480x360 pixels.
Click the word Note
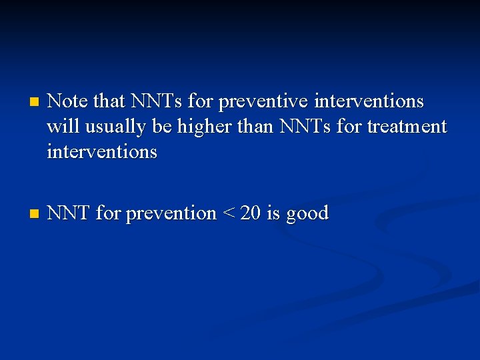68,101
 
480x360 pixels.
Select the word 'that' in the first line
109,101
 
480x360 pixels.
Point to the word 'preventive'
263,101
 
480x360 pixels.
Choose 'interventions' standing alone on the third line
102,151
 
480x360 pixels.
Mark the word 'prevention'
171,213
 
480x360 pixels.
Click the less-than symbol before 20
229,213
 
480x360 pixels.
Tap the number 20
251,213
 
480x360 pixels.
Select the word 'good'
307,214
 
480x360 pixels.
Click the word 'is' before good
273,213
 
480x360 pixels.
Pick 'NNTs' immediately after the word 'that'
157,101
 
